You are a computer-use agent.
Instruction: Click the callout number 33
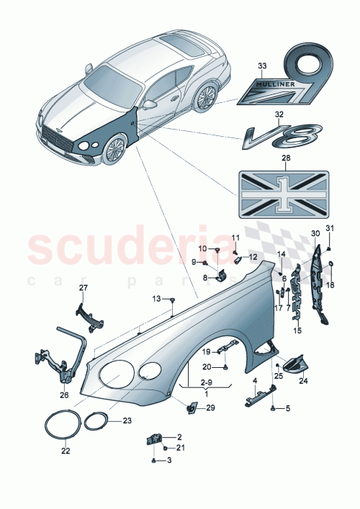tap(261, 66)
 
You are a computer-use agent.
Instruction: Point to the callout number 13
tap(157, 299)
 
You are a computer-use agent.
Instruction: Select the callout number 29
tap(210, 408)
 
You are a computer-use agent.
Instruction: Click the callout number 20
tap(206, 367)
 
